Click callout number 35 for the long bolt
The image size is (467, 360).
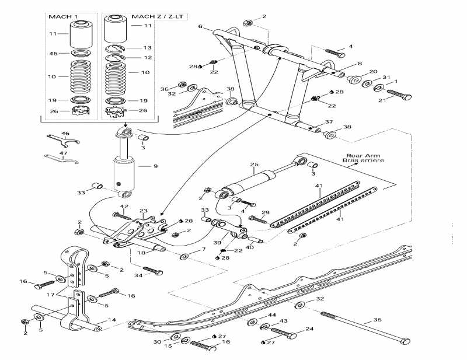click(x=377, y=320)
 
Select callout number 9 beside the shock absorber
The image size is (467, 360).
click(x=155, y=167)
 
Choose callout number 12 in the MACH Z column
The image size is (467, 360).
click(x=148, y=58)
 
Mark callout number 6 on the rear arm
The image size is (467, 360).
click(x=200, y=27)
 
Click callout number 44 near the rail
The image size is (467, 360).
click(x=271, y=315)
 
